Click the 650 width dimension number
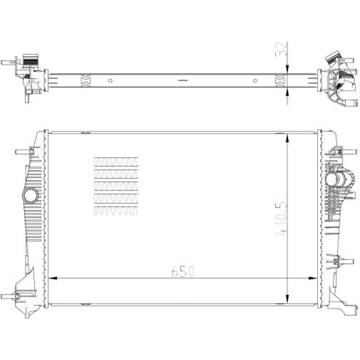183,271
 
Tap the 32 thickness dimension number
281,49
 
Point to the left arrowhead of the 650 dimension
53,278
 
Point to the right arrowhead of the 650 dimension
313,278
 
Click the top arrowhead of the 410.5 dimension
287,138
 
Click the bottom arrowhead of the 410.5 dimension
287,298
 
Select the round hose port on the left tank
30,195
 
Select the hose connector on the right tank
338,180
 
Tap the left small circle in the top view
110,80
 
